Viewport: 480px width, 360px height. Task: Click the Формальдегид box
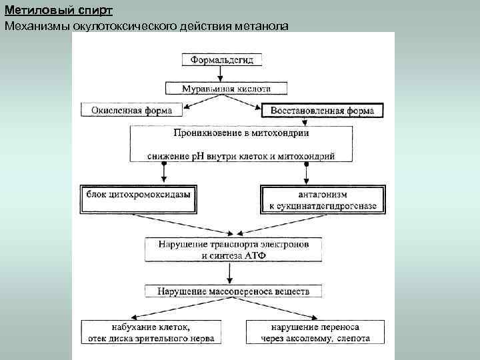pyautogui.click(x=222, y=59)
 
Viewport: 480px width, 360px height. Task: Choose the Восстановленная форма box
pyautogui.click(x=322, y=110)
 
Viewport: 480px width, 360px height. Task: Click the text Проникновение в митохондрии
pyautogui.click(x=241, y=133)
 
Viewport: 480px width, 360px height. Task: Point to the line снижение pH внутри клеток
pyautogui.click(x=241, y=156)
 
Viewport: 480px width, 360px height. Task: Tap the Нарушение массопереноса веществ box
pyautogui.click(x=233, y=291)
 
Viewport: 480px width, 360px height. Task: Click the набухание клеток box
pyautogui.click(x=151, y=333)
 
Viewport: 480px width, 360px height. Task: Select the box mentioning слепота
pyautogui.click(x=315, y=333)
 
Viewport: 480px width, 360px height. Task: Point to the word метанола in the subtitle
pyautogui.click(x=261, y=25)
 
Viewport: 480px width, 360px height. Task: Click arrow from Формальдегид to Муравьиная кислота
pyautogui.click(x=223, y=73)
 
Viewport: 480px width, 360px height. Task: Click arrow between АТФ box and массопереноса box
pyautogui.click(x=230, y=273)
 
